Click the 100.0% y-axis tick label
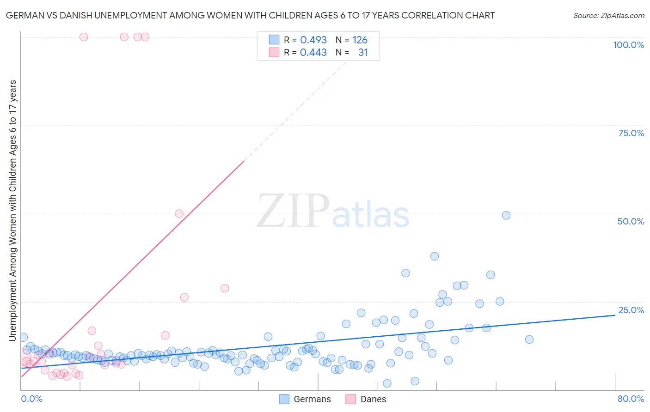coord(628,45)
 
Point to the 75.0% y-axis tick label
coord(631,133)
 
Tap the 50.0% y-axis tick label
coord(631,221)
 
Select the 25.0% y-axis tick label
coord(631,310)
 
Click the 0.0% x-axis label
coord(31,399)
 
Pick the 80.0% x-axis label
coord(631,399)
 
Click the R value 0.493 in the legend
coord(313,40)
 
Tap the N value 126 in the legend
coord(360,40)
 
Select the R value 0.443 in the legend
coord(313,53)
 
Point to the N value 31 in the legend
coord(363,53)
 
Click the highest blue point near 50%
coord(506,215)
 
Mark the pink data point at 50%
coord(179,213)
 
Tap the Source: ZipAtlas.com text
coord(608,16)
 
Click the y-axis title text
coord(12,211)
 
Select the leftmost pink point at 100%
coord(84,37)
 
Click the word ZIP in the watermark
coord(293,211)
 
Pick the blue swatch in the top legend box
coord(274,40)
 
